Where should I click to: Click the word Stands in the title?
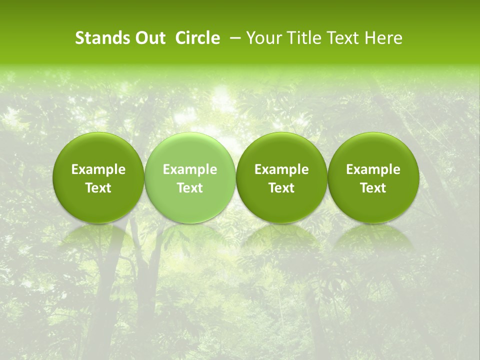[x=98, y=38]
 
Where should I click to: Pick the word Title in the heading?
[x=300, y=38]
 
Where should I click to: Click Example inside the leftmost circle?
[x=98, y=169]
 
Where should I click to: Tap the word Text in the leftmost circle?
[x=98, y=188]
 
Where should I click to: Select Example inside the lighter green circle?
[x=190, y=169]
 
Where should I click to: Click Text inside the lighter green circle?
[x=190, y=188]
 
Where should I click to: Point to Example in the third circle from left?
[x=281, y=169]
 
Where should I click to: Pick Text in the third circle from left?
[x=281, y=188]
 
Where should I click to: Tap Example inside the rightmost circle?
[x=373, y=169]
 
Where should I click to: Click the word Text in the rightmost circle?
[x=373, y=188]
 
